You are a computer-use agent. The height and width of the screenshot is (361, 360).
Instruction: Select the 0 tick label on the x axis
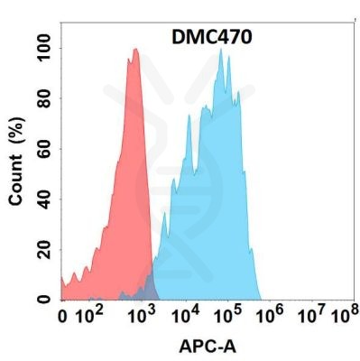pos(62,318)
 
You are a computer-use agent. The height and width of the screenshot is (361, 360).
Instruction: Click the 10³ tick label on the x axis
pos(141,316)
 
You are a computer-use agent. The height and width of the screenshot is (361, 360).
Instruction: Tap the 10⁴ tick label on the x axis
pos(185,316)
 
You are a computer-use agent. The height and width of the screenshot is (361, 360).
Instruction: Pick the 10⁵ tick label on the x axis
pos(228,316)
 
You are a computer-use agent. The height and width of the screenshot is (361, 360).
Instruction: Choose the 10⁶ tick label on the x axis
pos(271,316)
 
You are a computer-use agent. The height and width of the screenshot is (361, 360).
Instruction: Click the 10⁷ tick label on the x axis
pos(311,316)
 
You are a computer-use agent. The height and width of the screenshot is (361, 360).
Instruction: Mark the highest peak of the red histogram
pos(135,50)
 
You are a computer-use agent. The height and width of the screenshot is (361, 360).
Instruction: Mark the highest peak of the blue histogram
pos(221,50)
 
